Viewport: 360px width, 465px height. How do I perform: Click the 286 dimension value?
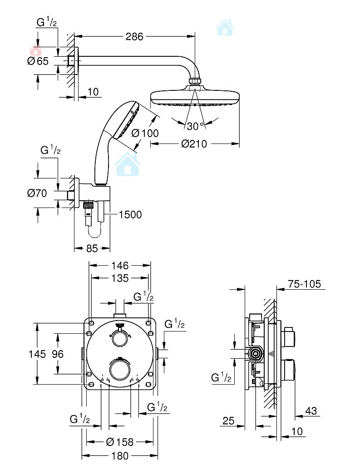[134, 37]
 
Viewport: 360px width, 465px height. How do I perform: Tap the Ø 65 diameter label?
[37, 61]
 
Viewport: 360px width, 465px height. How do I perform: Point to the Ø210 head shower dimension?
[194, 143]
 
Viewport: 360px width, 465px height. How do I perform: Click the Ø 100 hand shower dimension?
[145, 133]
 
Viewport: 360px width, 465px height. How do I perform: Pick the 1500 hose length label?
[130, 214]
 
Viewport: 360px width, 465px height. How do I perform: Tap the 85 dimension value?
[92, 248]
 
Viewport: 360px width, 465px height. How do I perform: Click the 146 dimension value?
[120, 265]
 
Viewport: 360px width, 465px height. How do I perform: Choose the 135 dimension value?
[120, 278]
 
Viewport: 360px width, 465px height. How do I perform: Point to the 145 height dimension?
[37, 354]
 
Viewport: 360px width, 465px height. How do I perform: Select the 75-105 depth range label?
[304, 284]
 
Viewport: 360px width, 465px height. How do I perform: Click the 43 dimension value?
[311, 411]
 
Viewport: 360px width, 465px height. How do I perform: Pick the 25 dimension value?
[228, 421]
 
